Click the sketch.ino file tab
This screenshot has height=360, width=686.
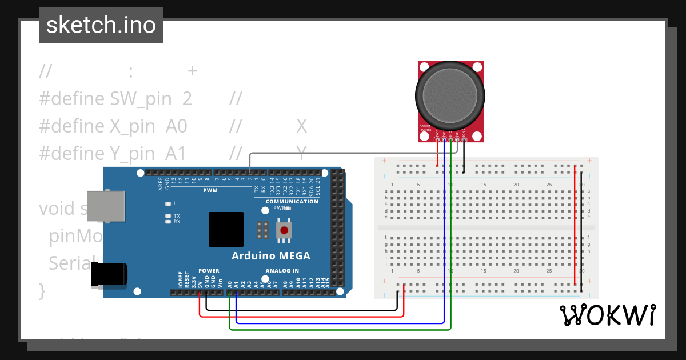[101, 25]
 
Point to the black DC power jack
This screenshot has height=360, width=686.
[109, 274]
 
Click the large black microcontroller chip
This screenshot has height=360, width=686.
[226, 229]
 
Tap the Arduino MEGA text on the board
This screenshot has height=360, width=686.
[270, 255]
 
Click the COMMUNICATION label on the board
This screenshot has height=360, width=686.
[292, 202]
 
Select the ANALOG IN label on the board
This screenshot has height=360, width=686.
[282, 271]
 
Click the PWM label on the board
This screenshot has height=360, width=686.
[210, 190]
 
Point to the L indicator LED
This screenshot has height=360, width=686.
[167, 203]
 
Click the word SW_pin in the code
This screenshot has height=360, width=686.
[141, 99]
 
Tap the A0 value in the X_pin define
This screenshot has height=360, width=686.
[177, 126]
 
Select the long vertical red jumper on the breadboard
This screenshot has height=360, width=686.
[575, 226]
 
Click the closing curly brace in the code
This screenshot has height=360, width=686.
[42, 290]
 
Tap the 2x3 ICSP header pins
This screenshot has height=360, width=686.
[263, 230]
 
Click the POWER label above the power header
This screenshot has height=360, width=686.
[209, 271]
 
